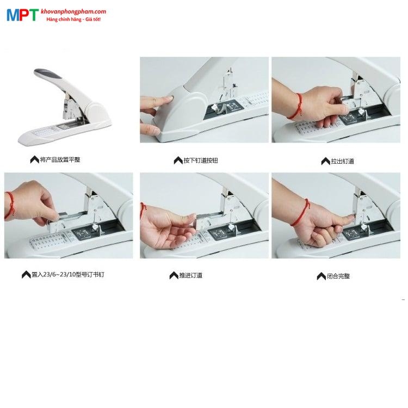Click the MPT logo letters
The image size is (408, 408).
[x=22, y=15]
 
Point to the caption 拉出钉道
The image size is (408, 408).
[x=343, y=161]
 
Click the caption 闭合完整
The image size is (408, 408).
[x=338, y=276]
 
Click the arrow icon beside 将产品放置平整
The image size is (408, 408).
[x=34, y=160]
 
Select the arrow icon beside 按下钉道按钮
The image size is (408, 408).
[x=178, y=160]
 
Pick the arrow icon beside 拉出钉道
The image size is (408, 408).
[x=326, y=162]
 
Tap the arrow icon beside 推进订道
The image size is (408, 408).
[x=174, y=276]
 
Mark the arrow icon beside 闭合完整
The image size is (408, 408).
[x=322, y=276]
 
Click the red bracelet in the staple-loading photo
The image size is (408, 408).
[x=9, y=206]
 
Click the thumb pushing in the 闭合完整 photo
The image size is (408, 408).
[x=342, y=218]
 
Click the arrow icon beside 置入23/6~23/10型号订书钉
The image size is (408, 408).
[x=26, y=275]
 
